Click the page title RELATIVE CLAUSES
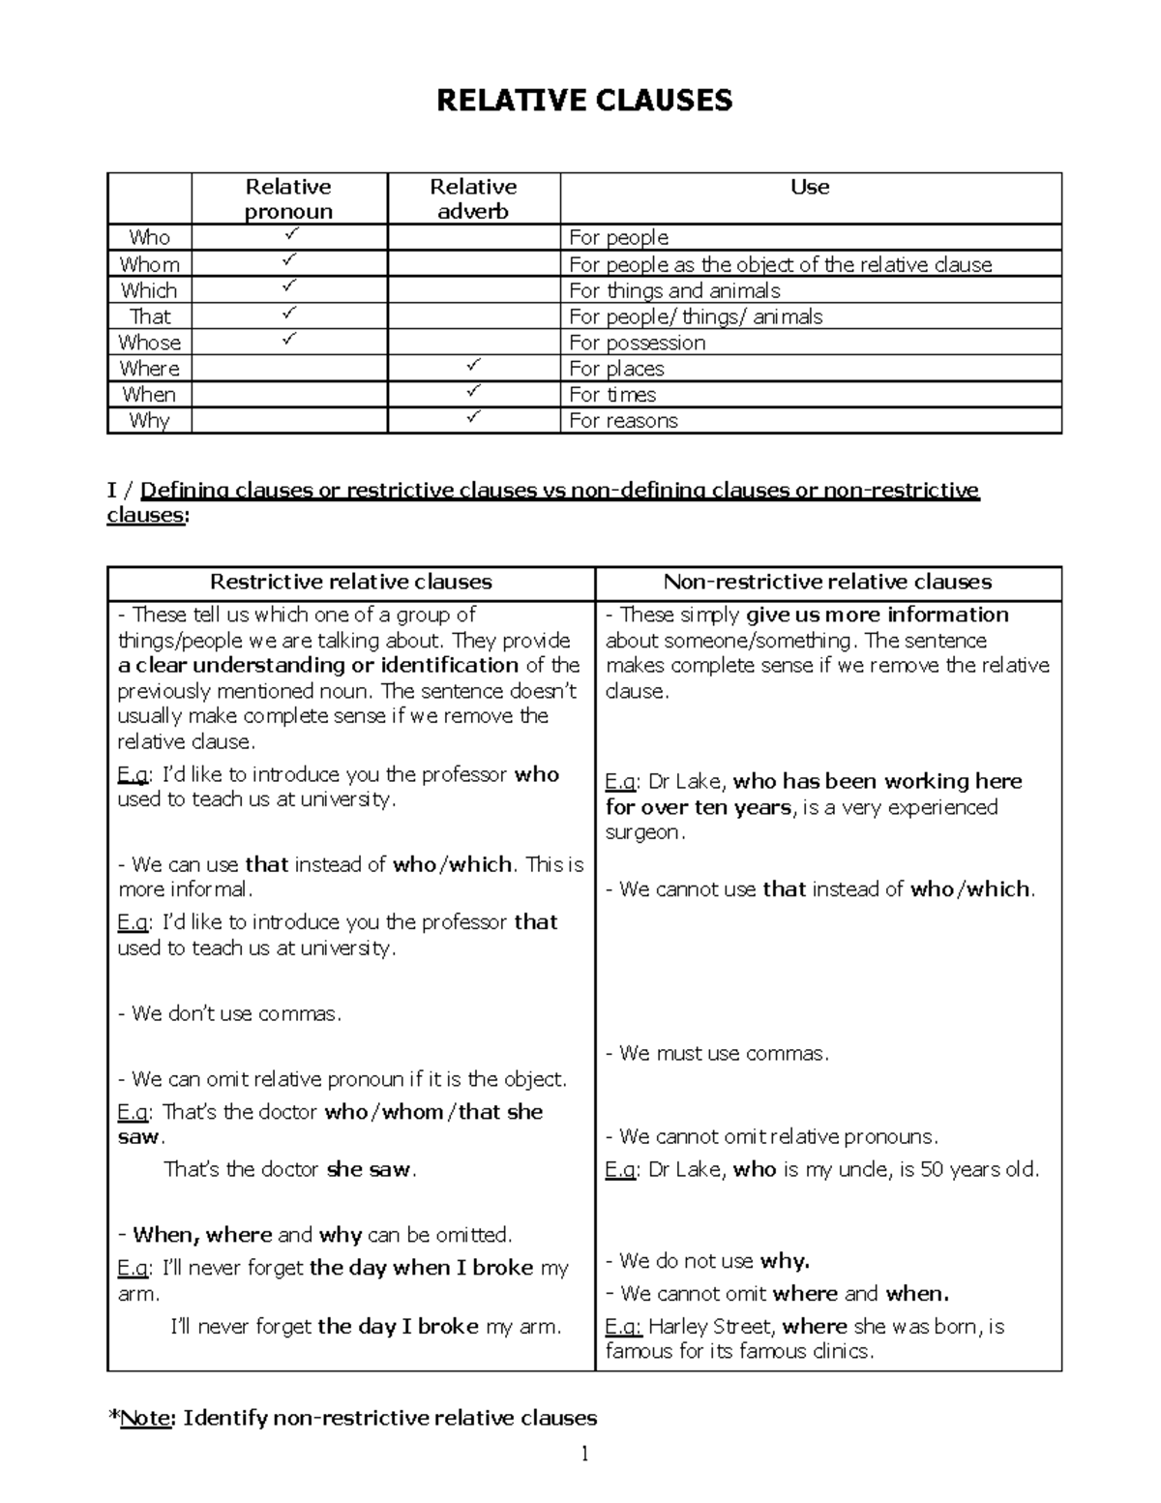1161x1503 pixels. click(583, 100)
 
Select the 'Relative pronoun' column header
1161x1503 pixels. click(288, 198)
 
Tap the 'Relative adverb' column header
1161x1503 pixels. click(473, 198)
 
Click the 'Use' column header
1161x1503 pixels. click(810, 187)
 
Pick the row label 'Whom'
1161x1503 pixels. click(149, 264)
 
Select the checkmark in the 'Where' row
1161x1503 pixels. click(472, 367)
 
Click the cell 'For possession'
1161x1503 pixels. click(637, 343)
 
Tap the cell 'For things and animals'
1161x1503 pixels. click(674, 290)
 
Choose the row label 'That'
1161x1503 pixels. click(149, 316)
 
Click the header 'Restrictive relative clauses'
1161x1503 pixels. click(350, 582)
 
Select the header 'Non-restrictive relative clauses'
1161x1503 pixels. click(827, 582)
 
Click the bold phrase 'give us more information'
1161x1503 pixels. click(877, 615)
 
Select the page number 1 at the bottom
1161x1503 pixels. click(584, 1454)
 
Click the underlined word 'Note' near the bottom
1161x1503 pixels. click(146, 1418)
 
